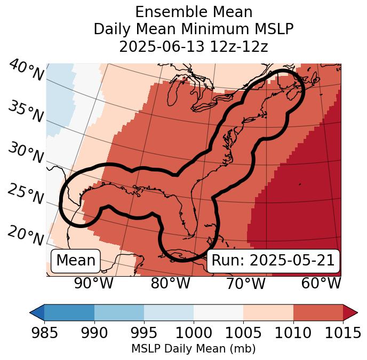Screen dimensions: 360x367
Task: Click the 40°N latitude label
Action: pyautogui.click(x=26, y=71)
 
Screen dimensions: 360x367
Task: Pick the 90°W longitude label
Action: pyautogui.click(x=93, y=283)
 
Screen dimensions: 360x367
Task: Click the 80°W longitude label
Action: pyautogui.click(x=170, y=283)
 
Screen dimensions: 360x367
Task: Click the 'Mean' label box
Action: pyautogui.click(x=76, y=261)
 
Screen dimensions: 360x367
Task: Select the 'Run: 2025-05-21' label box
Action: pyautogui.click(x=273, y=261)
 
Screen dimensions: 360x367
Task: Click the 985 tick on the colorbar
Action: pyautogui.click(x=44, y=332)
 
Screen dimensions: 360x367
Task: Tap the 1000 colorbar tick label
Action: pyautogui.click(x=194, y=332)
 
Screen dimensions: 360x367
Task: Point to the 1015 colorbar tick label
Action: pyautogui.click(x=343, y=332)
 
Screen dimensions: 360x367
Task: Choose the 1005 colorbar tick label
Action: pyautogui.click(x=243, y=332)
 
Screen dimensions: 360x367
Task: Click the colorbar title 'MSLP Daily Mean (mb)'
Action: pyautogui.click(x=193, y=349)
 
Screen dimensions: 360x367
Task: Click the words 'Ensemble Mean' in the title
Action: pyautogui.click(x=193, y=12)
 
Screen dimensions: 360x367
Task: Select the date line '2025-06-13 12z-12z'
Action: pyautogui.click(x=193, y=46)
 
